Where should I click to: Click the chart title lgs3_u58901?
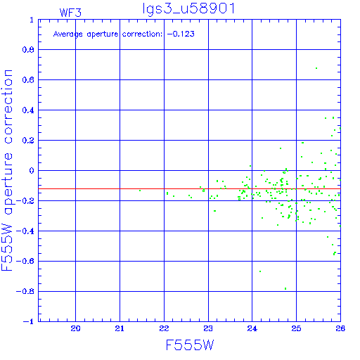pyautogui.click(x=188, y=9)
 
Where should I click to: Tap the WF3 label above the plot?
pyautogui.click(x=70, y=13)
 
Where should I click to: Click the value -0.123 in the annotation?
pyautogui.click(x=181, y=34)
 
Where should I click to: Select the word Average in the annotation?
pyautogui.click(x=68, y=34)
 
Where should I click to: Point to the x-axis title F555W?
pyautogui.click(x=190, y=345)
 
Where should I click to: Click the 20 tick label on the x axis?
pyautogui.click(x=75, y=328)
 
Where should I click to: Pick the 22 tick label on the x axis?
pyautogui.click(x=164, y=328)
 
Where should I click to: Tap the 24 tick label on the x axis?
pyautogui.click(x=252, y=328)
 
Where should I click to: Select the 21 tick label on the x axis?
pyautogui.click(x=120, y=328)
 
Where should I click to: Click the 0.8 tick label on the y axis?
pyautogui.click(x=28, y=50)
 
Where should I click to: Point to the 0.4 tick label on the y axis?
pyautogui.click(x=28, y=110)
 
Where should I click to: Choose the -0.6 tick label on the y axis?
pyautogui.click(x=25, y=261)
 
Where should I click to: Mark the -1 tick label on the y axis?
pyautogui.click(x=28, y=321)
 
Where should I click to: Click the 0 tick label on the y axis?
pyautogui.click(x=32, y=170)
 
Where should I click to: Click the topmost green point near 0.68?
pyautogui.click(x=316, y=68)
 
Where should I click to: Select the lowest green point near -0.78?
pyautogui.click(x=285, y=288)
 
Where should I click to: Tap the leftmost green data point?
pyautogui.click(x=140, y=191)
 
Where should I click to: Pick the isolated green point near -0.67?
pyautogui.click(x=260, y=271)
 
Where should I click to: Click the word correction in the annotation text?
pyautogui.click(x=142, y=34)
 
